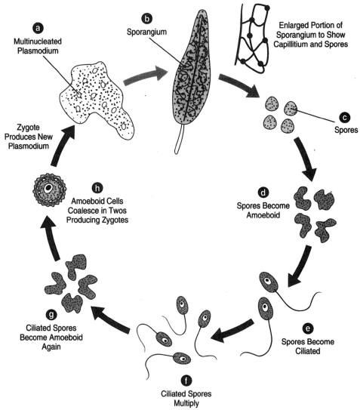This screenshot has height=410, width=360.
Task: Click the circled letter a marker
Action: pyautogui.click(x=38, y=28)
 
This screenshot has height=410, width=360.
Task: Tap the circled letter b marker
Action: pyautogui.click(x=146, y=19)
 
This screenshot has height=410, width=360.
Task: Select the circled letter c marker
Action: pyautogui.click(x=345, y=117)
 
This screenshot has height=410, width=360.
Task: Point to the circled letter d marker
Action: pyautogui.click(x=263, y=193)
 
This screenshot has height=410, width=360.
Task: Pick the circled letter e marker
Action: pyautogui.click(x=308, y=328)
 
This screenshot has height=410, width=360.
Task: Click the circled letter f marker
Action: pyautogui.click(x=186, y=381)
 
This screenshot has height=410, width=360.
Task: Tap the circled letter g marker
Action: pyautogui.click(x=51, y=315)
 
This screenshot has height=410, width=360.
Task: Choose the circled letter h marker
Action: pyautogui.click(x=97, y=188)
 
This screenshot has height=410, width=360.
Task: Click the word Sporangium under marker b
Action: pyautogui.click(x=146, y=32)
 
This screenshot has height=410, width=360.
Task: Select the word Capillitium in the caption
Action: pyautogui.click(x=291, y=44)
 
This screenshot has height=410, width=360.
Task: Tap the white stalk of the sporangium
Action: pyautogui.click(x=179, y=138)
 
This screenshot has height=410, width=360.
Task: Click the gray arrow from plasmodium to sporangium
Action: pyautogui.click(x=145, y=77)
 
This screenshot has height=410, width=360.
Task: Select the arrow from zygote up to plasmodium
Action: pyautogui.click(x=63, y=145)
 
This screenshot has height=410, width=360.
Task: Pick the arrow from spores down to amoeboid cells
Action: pyautogui.click(x=305, y=159)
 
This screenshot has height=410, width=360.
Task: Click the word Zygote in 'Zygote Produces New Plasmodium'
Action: pyautogui.click(x=28, y=128)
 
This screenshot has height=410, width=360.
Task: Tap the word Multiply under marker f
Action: pyautogui.click(x=186, y=403)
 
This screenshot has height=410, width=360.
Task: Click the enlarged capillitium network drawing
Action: pyautogui.click(x=252, y=38)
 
